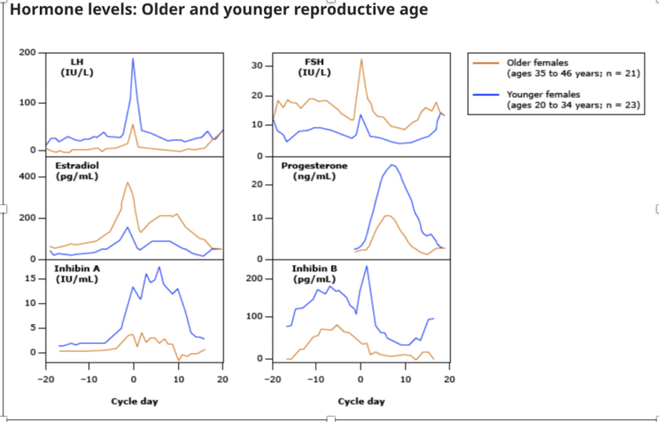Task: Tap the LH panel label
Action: coord(77,67)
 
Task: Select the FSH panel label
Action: coord(314,67)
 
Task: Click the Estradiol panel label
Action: coord(77,171)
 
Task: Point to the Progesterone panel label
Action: coord(314,171)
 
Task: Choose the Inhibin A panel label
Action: coord(77,273)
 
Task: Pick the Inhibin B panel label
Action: coord(314,273)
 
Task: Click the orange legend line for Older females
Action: coord(486,63)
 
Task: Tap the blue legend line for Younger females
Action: coord(486,95)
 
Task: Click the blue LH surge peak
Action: coord(133,59)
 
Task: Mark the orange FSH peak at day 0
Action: coord(361,59)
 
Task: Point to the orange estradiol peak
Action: coord(128,183)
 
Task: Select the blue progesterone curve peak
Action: coord(392,165)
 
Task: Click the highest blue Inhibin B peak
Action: coord(367,266)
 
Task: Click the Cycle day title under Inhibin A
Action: coord(135,402)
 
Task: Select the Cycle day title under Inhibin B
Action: coord(361,402)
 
